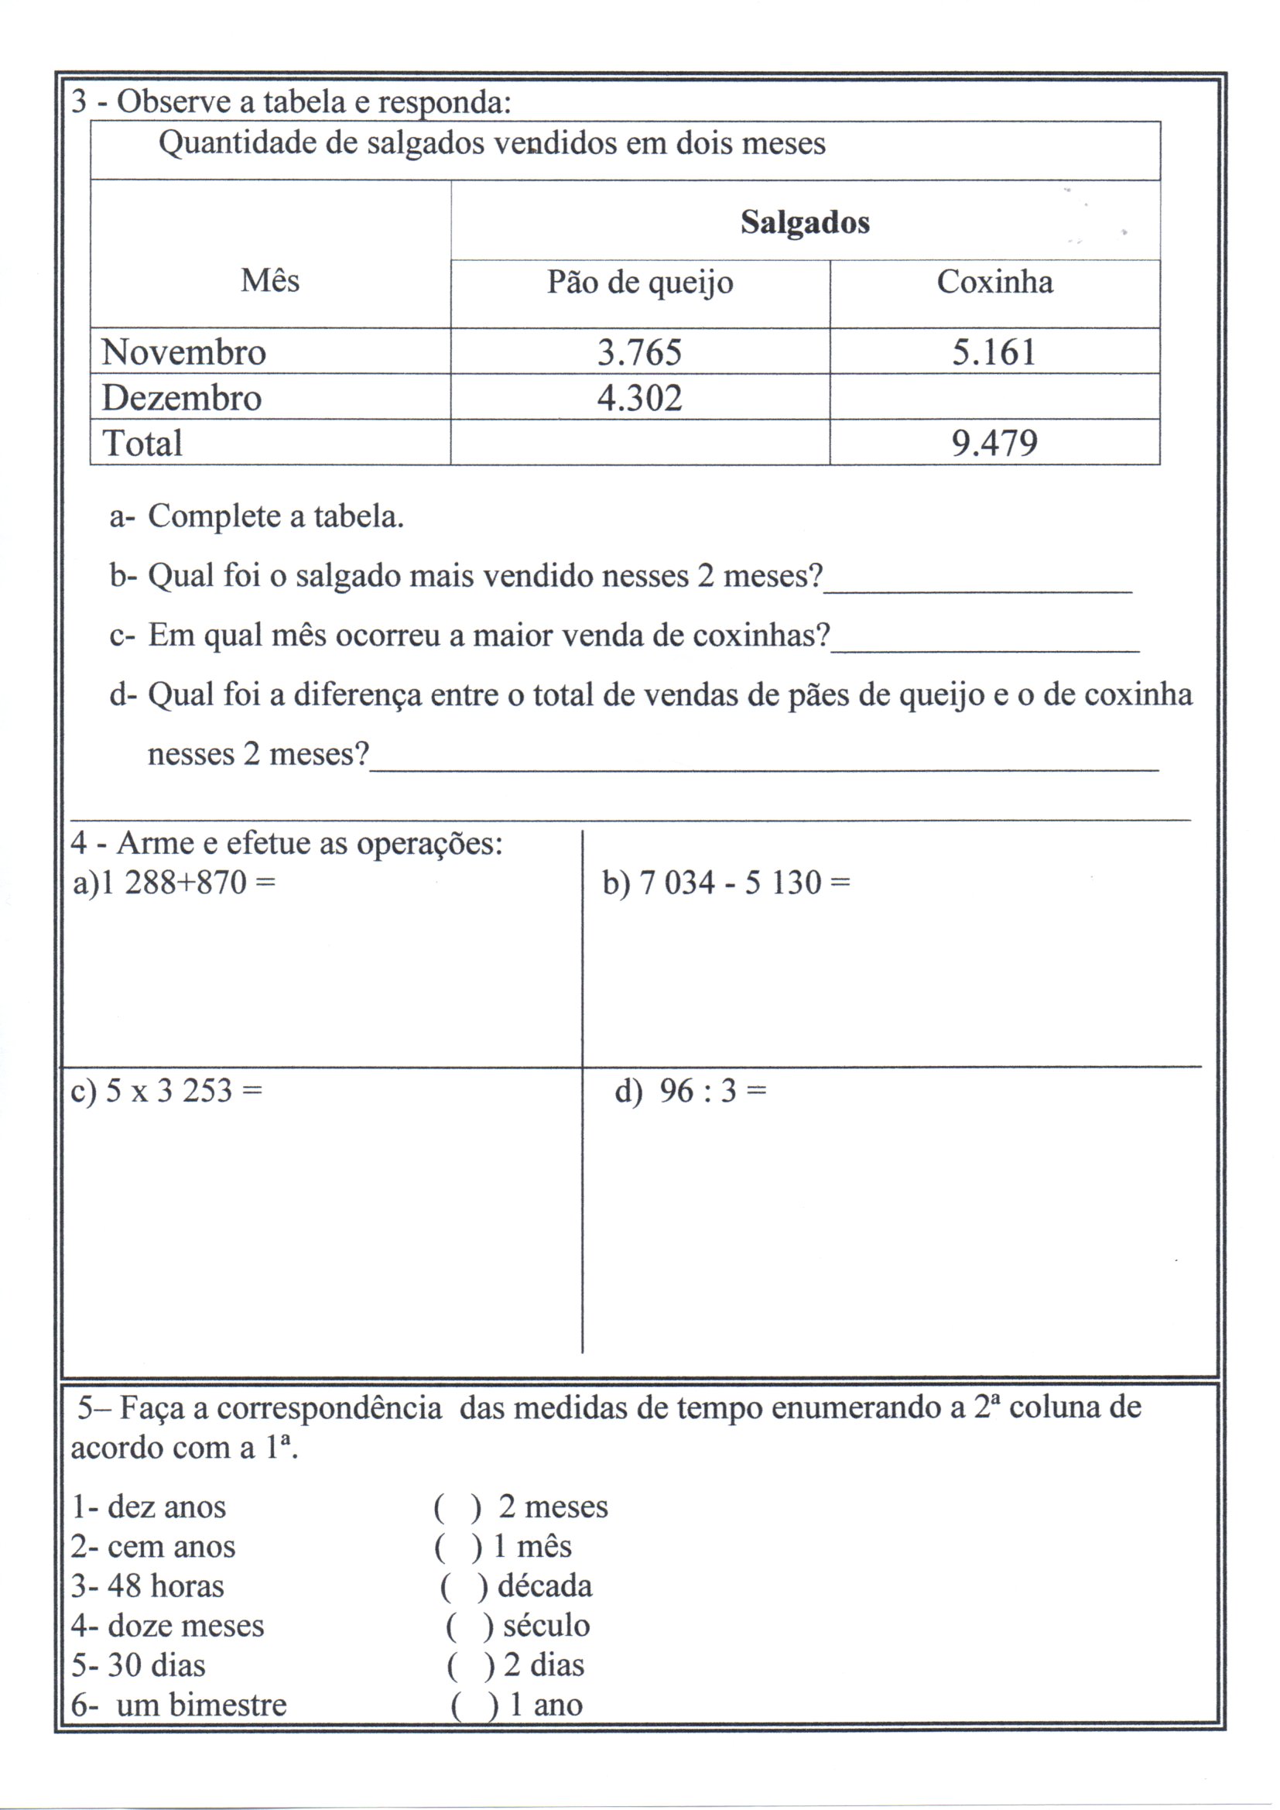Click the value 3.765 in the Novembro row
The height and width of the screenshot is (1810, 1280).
coord(639,351)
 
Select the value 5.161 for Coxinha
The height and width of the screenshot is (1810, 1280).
coord(994,351)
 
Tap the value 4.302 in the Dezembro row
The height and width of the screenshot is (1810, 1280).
coord(639,397)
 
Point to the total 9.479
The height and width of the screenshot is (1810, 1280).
coord(994,443)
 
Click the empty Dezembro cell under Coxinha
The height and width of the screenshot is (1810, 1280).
coord(994,396)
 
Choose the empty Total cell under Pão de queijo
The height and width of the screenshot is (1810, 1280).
coord(639,442)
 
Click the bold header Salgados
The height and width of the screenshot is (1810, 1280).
coord(805,222)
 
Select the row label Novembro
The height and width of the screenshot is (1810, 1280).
coord(183,351)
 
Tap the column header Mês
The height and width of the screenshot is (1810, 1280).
coord(270,281)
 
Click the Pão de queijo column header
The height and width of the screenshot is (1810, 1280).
coord(640,283)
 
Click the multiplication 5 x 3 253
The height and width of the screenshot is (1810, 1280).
coord(166,1091)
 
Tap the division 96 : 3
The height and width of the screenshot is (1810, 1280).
coord(690,1091)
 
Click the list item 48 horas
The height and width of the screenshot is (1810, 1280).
coord(147,1586)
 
